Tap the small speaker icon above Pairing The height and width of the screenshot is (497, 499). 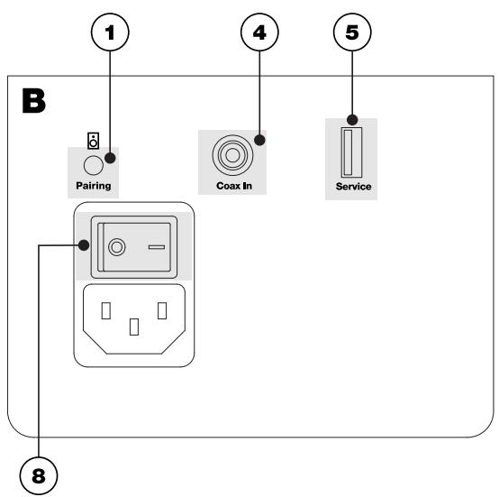tap(92, 141)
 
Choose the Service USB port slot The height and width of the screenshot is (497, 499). tap(348, 156)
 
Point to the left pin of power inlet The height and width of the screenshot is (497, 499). tap(105, 311)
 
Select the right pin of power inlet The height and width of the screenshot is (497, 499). tap(162, 311)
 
